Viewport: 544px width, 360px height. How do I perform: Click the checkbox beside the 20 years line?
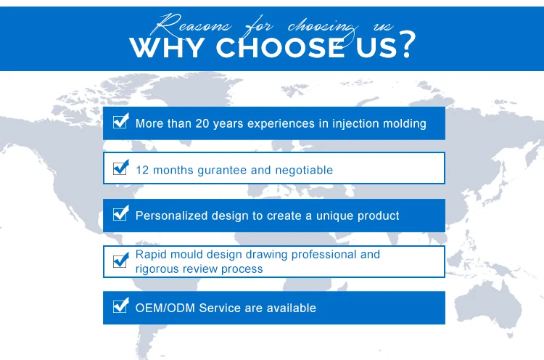click(120, 121)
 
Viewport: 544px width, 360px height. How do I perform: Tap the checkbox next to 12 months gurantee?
click(120, 168)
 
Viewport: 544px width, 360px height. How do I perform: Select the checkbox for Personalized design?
click(120, 213)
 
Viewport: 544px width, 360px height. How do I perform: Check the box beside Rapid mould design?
click(120, 260)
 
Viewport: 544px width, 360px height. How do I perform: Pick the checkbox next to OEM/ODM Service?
click(120, 306)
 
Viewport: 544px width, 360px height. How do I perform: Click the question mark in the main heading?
click(407, 44)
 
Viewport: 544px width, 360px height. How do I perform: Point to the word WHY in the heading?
click(167, 48)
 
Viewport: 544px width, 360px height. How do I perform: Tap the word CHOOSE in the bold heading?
click(280, 48)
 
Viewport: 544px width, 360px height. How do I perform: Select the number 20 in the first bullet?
click(202, 123)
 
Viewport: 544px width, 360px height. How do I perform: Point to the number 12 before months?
click(142, 170)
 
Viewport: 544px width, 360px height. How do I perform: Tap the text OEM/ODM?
click(165, 308)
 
